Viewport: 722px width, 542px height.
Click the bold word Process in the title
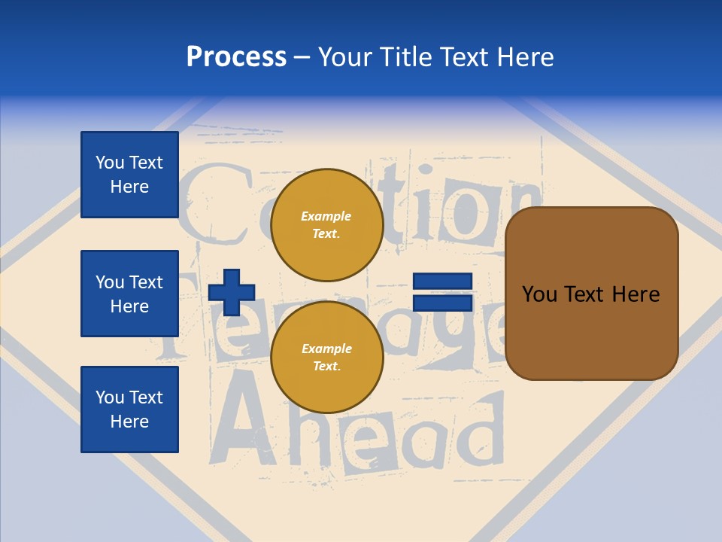click(x=236, y=57)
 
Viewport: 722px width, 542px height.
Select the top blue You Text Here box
click(x=129, y=175)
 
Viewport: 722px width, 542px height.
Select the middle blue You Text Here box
click(x=129, y=294)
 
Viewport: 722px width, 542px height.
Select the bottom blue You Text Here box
click(x=129, y=410)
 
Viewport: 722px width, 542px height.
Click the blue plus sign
click(x=232, y=292)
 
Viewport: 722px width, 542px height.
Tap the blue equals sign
click(x=442, y=292)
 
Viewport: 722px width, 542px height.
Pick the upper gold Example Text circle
click(x=326, y=224)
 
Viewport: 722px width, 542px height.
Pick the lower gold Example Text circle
click(x=326, y=357)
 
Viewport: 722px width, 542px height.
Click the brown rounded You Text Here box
click(x=591, y=294)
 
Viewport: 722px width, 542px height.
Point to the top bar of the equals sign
click(x=442, y=282)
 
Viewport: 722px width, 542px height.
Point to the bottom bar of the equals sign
click(x=442, y=303)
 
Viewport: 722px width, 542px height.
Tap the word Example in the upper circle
click(x=326, y=216)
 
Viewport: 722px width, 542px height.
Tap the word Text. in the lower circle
click(x=326, y=366)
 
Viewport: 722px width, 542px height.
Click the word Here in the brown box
click(x=636, y=294)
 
